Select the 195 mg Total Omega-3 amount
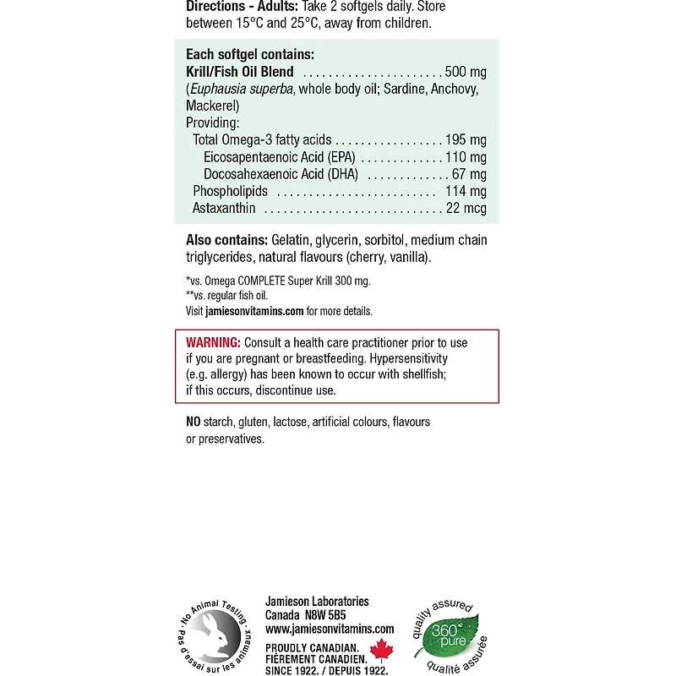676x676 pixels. pos(466,140)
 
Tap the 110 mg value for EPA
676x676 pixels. pos(466,157)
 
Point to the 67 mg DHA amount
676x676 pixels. pos(470,174)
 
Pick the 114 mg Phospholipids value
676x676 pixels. pos(466,191)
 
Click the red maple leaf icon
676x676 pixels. pos(384,651)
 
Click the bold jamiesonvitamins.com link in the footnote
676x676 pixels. pos(254,311)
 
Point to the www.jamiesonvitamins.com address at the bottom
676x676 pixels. pos(330,629)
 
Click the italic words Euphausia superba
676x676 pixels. pos(241,90)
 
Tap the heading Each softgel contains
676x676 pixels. pos(249,55)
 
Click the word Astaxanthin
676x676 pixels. pos(224,208)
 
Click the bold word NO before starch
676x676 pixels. pos(194,422)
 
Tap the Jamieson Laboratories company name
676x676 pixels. pos(317,602)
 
